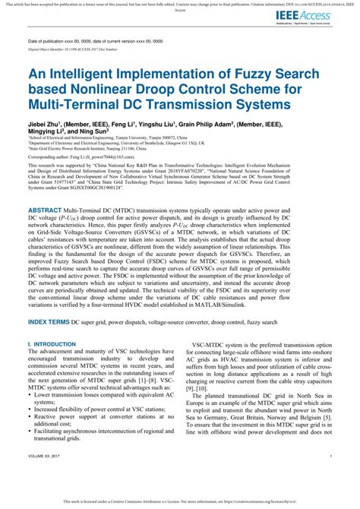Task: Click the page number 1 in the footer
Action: tap(331, 477)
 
